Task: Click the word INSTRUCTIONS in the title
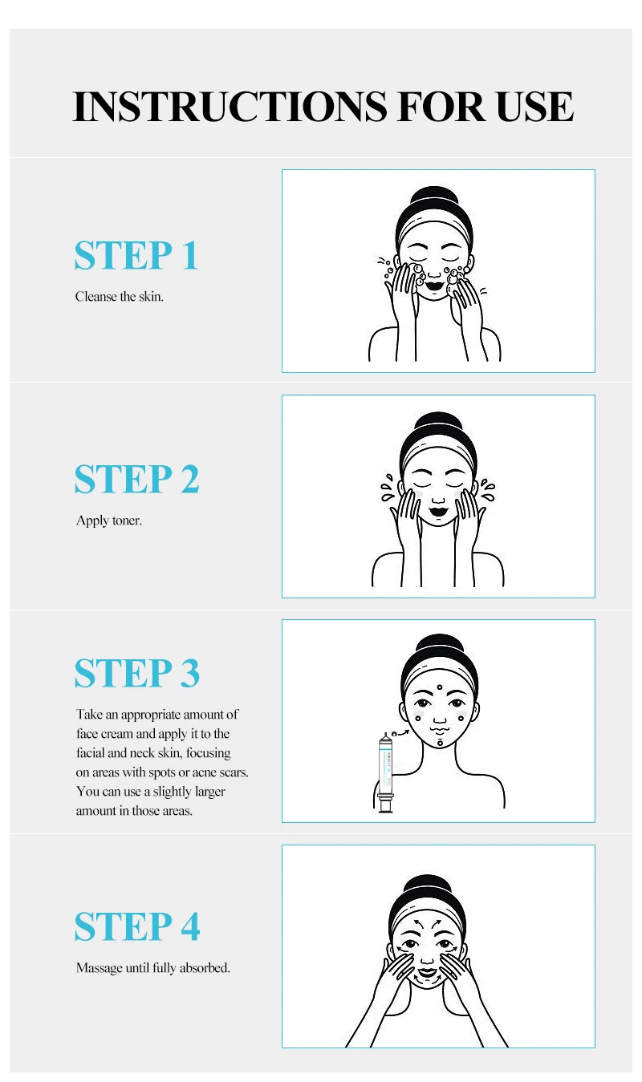click(230, 106)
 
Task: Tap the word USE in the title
click(534, 106)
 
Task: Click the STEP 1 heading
click(136, 255)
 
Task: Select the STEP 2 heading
click(136, 479)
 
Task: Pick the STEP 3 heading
click(136, 672)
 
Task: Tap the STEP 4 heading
click(137, 926)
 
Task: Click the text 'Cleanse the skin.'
click(120, 297)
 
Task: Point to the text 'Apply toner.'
click(109, 521)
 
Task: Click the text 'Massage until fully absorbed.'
click(152, 968)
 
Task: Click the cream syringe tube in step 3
click(386, 773)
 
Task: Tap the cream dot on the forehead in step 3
click(440, 687)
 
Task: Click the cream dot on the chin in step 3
click(440, 743)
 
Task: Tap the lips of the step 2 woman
click(438, 511)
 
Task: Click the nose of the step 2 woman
click(438, 498)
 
